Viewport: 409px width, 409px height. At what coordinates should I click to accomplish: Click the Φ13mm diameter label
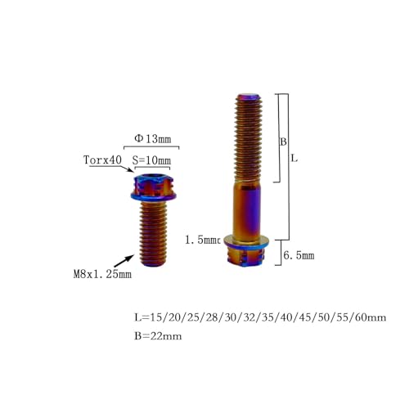(153, 139)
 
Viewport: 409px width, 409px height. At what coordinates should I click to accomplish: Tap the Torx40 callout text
(102, 160)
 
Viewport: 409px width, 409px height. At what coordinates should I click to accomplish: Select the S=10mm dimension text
(151, 160)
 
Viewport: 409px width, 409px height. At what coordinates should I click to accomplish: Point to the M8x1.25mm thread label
(102, 274)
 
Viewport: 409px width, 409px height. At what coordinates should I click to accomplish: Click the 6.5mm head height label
(299, 255)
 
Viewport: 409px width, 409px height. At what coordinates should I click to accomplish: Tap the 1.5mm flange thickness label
(202, 240)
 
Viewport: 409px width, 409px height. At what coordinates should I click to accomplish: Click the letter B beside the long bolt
(284, 142)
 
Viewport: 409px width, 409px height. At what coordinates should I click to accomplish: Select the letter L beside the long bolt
(294, 158)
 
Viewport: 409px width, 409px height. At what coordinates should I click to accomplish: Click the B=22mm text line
(158, 336)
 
